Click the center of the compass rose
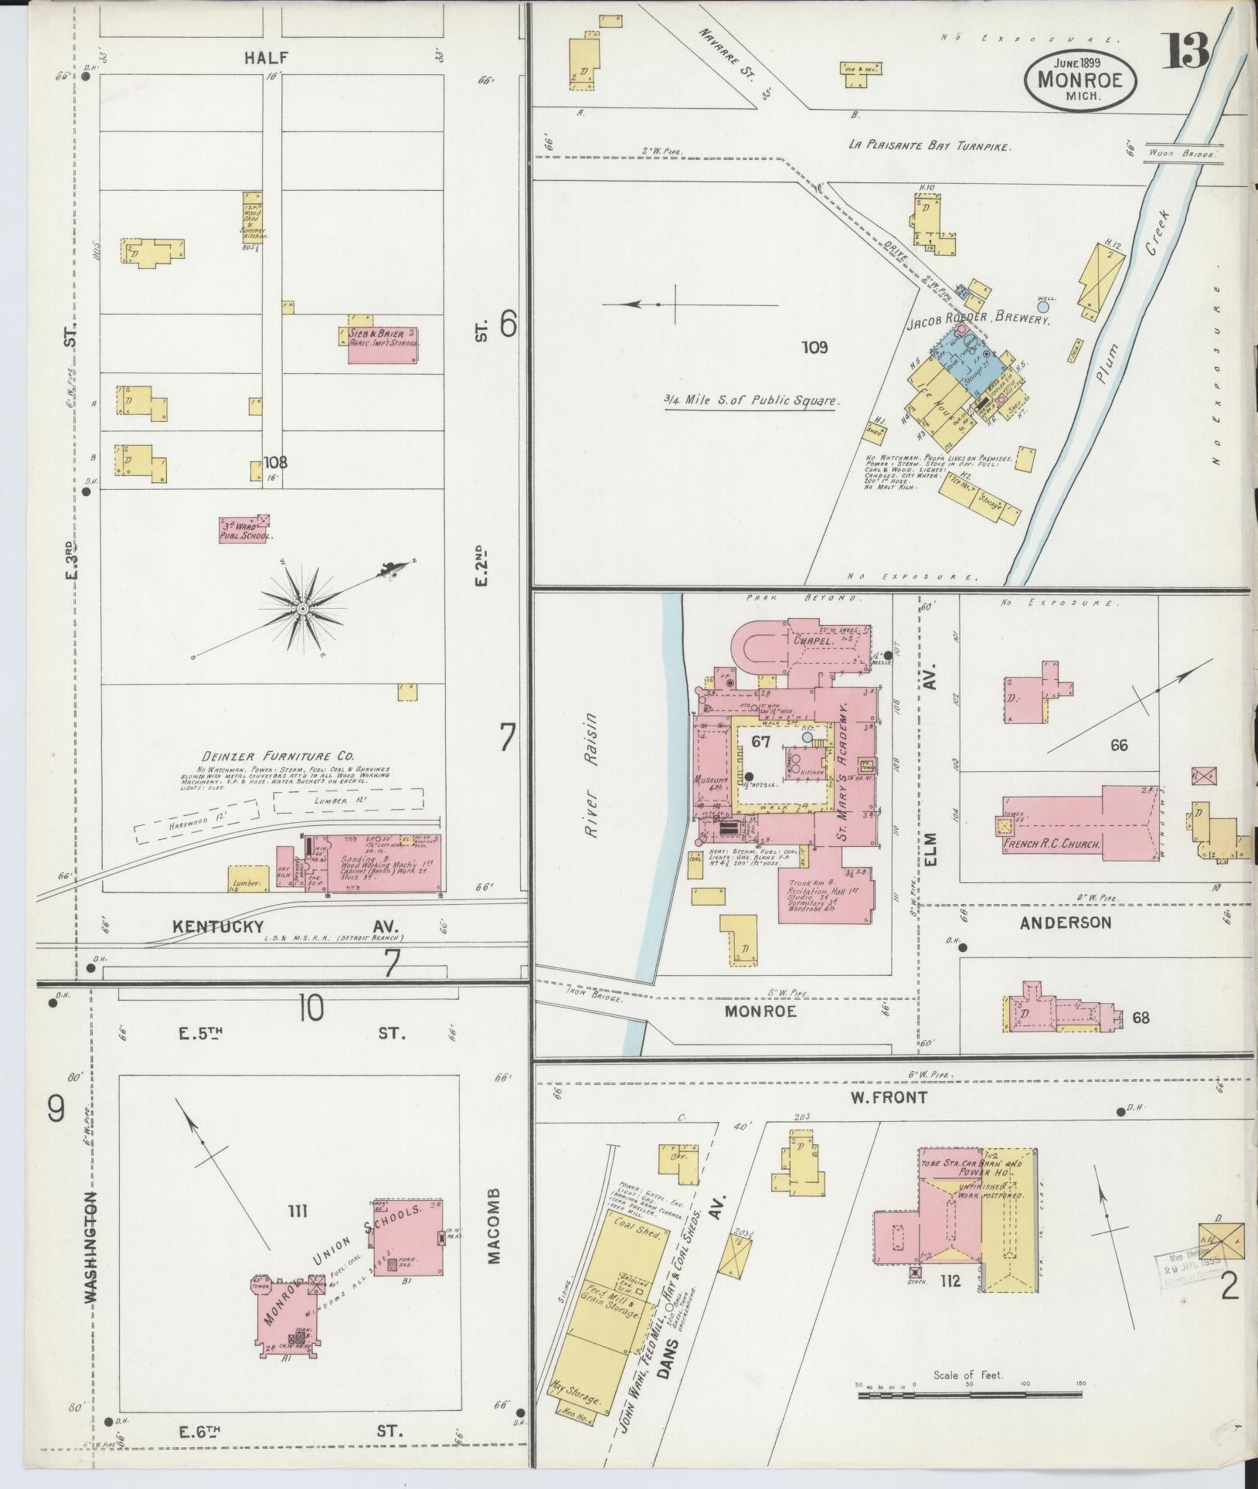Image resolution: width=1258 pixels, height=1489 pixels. pyautogui.click(x=303, y=609)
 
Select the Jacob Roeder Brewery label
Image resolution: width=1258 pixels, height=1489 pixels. pyautogui.click(x=978, y=318)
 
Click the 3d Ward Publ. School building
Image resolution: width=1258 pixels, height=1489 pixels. pyautogui.click(x=246, y=529)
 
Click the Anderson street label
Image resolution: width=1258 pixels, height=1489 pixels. pyautogui.click(x=1065, y=922)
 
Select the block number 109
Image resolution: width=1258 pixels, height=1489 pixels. pyautogui.click(x=814, y=348)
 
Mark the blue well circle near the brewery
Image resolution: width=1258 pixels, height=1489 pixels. pyautogui.click(x=1043, y=307)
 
